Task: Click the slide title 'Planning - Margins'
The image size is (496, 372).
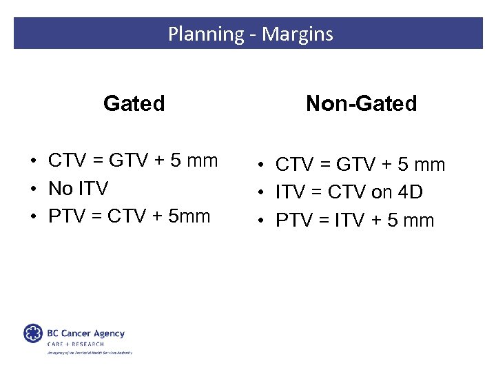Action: coord(250,34)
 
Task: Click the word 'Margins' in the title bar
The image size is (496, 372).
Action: coord(300,34)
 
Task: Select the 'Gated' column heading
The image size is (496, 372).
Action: coord(134,103)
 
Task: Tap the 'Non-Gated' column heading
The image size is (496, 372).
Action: coord(361,103)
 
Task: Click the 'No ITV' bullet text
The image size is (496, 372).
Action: coord(78,188)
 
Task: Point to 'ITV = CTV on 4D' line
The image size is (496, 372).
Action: coord(349,193)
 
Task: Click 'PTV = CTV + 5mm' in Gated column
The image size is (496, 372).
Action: coord(129,216)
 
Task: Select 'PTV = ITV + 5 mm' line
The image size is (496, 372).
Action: coord(355,220)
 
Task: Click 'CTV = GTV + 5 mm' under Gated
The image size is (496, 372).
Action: coord(133,161)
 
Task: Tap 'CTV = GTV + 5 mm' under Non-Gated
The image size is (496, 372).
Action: coord(360,165)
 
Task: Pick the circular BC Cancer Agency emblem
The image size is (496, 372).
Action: coord(33,334)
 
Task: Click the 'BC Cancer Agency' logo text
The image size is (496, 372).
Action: coord(85,333)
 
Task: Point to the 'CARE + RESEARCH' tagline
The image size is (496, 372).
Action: coord(75,344)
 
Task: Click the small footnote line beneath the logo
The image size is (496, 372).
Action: coord(89,352)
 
